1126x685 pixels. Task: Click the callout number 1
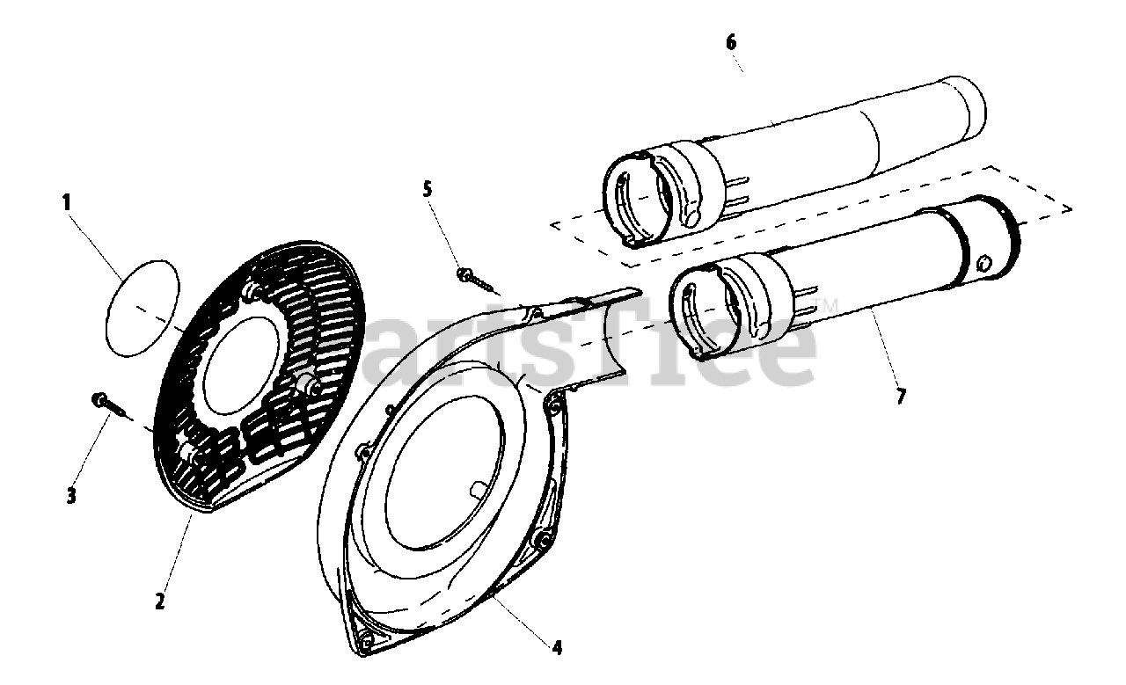tap(66, 201)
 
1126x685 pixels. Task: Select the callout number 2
tap(159, 601)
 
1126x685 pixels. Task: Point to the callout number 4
tap(557, 648)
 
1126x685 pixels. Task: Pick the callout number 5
tap(428, 188)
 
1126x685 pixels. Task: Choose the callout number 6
tap(731, 41)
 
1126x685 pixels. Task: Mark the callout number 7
tap(900, 396)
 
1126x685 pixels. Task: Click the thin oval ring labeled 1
tap(142, 308)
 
